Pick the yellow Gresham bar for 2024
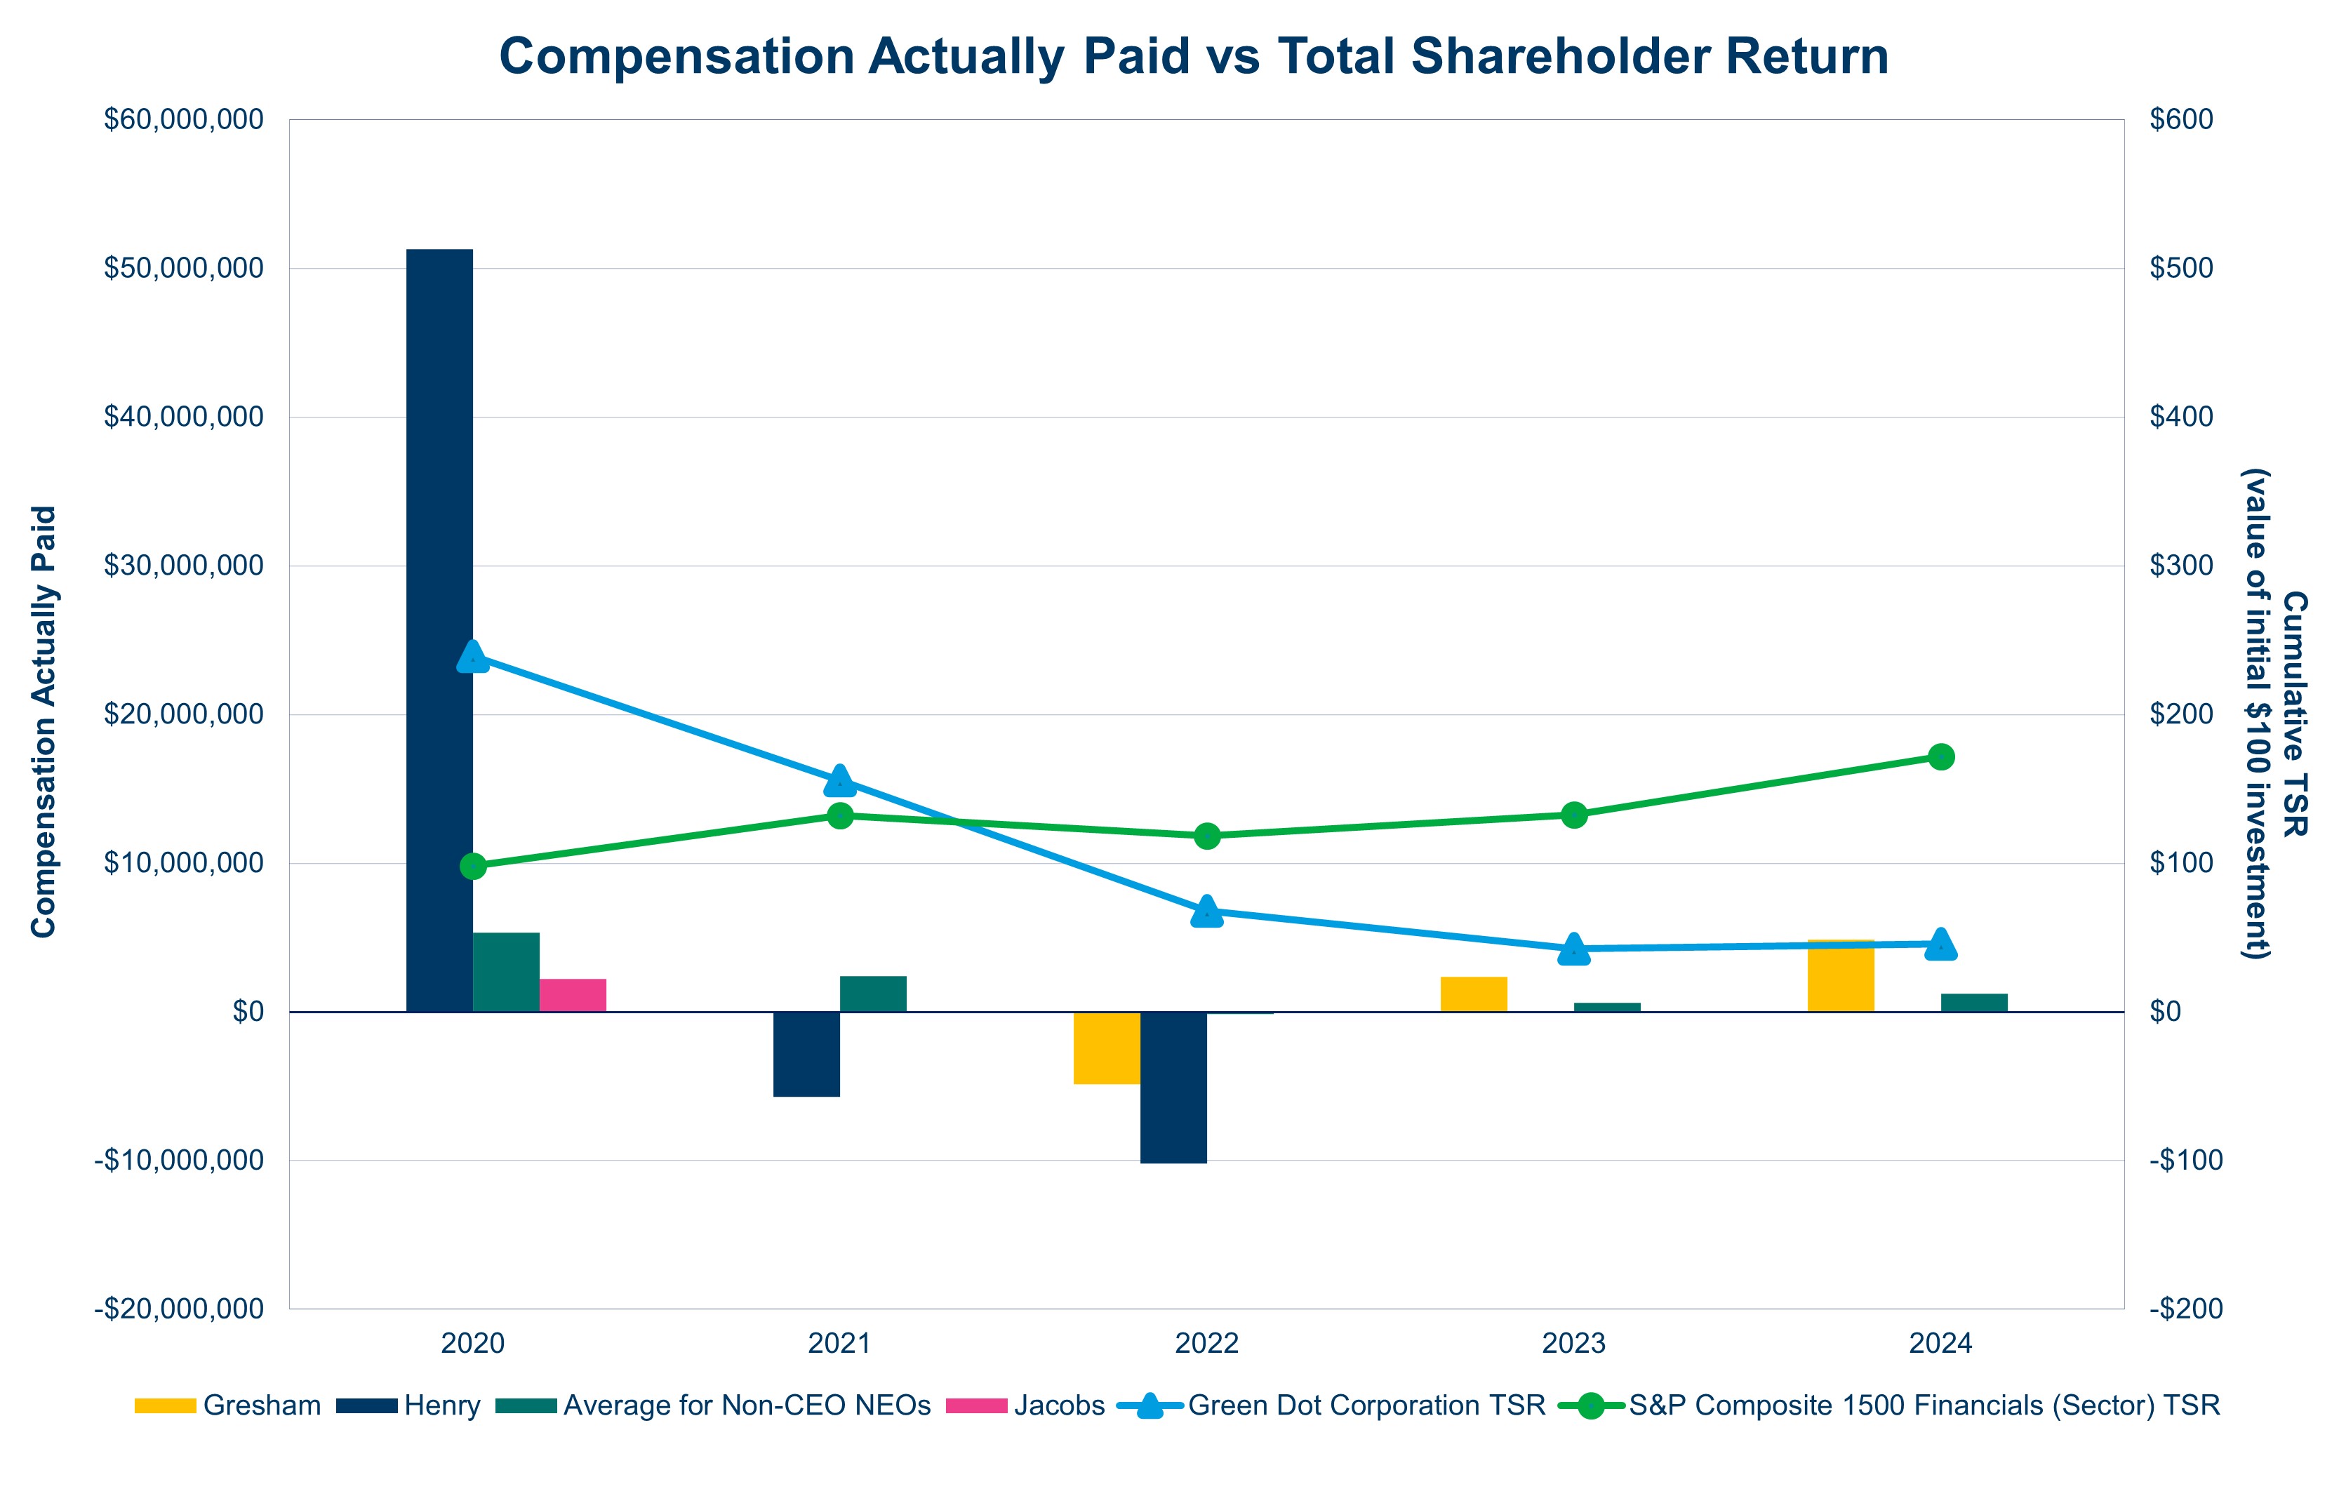click(1839, 976)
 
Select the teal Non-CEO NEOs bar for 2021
click(872, 994)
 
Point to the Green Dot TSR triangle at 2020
click(472, 657)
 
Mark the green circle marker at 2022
click(1207, 836)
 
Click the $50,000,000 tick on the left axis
click(183, 268)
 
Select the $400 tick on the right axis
click(2181, 417)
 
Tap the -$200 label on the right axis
click(2185, 1309)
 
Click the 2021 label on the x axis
click(839, 1344)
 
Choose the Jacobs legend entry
click(1058, 1405)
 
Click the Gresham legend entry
click(260, 1405)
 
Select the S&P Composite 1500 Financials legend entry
click(1922, 1405)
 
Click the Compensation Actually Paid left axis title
click(44, 721)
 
